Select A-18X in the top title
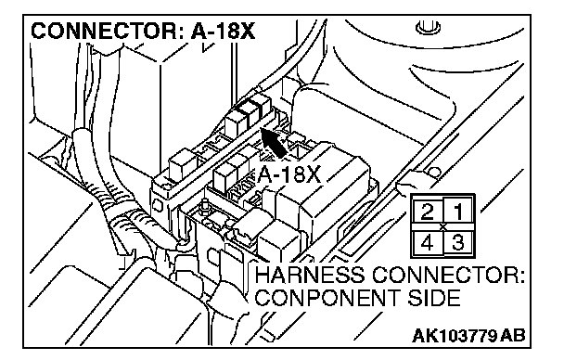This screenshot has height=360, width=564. tap(223, 31)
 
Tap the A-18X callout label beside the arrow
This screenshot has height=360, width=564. tap(288, 175)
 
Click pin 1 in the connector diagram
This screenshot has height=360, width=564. tap(458, 212)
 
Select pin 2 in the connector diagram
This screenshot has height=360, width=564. tap(427, 212)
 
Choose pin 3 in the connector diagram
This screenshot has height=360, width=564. tap(458, 242)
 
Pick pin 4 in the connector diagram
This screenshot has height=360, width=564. tap(427, 243)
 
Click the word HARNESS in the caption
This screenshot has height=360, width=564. tap(309, 276)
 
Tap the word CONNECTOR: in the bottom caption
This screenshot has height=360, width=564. tap(448, 276)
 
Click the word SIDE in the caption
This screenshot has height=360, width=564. tap(434, 298)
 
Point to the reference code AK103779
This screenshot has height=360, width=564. tap(455, 336)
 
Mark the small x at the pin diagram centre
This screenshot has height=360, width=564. tap(443, 227)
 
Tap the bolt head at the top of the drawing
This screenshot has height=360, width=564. tap(428, 27)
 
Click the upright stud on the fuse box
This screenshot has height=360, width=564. tap(205, 206)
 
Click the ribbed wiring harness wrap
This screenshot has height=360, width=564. tap(119, 209)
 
